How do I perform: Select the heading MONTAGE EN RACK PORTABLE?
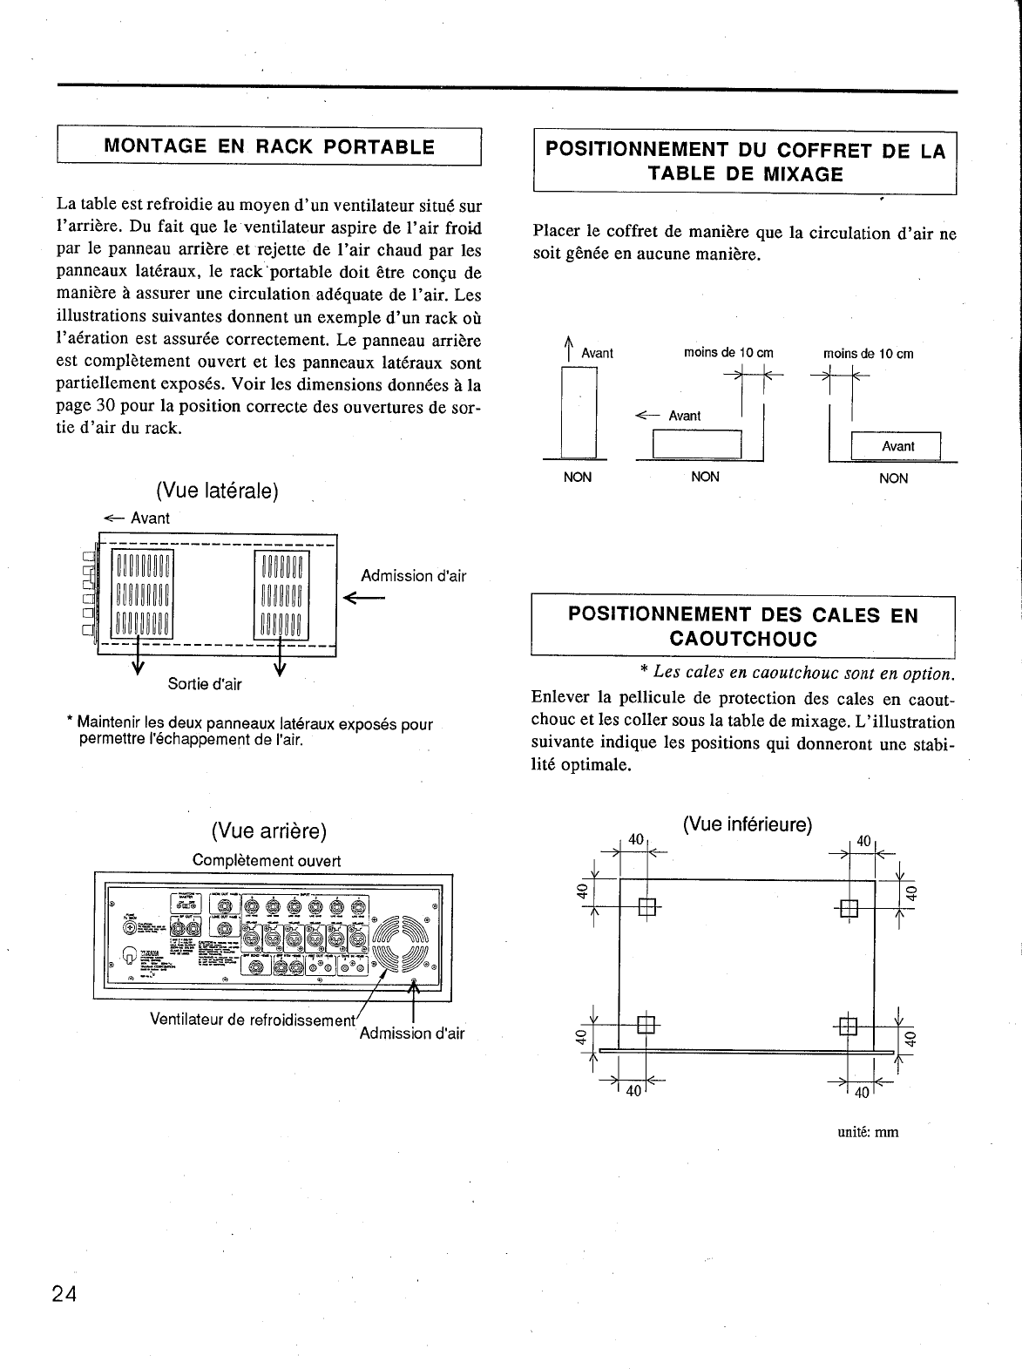tap(269, 146)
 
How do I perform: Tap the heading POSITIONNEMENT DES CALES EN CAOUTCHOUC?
tap(743, 626)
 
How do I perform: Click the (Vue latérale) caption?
tap(217, 491)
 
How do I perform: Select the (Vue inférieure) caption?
tap(748, 823)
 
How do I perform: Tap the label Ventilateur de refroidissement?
tap(254, 1019)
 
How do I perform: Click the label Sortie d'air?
tap(205, 684)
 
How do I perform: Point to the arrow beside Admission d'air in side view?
tap(364, 598)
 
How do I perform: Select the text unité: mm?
tap(868, 1132)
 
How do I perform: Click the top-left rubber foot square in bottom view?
tap(646, 906)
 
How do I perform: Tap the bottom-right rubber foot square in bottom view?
tap(849, 1026)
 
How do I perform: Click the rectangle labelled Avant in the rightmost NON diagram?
tap(897, 446)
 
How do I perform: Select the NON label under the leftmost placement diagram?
tap(578, 477)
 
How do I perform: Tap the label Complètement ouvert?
tap(266, 860)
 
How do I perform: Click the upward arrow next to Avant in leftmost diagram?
tap(568, 347)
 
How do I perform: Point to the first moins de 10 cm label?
tap(728, 353)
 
